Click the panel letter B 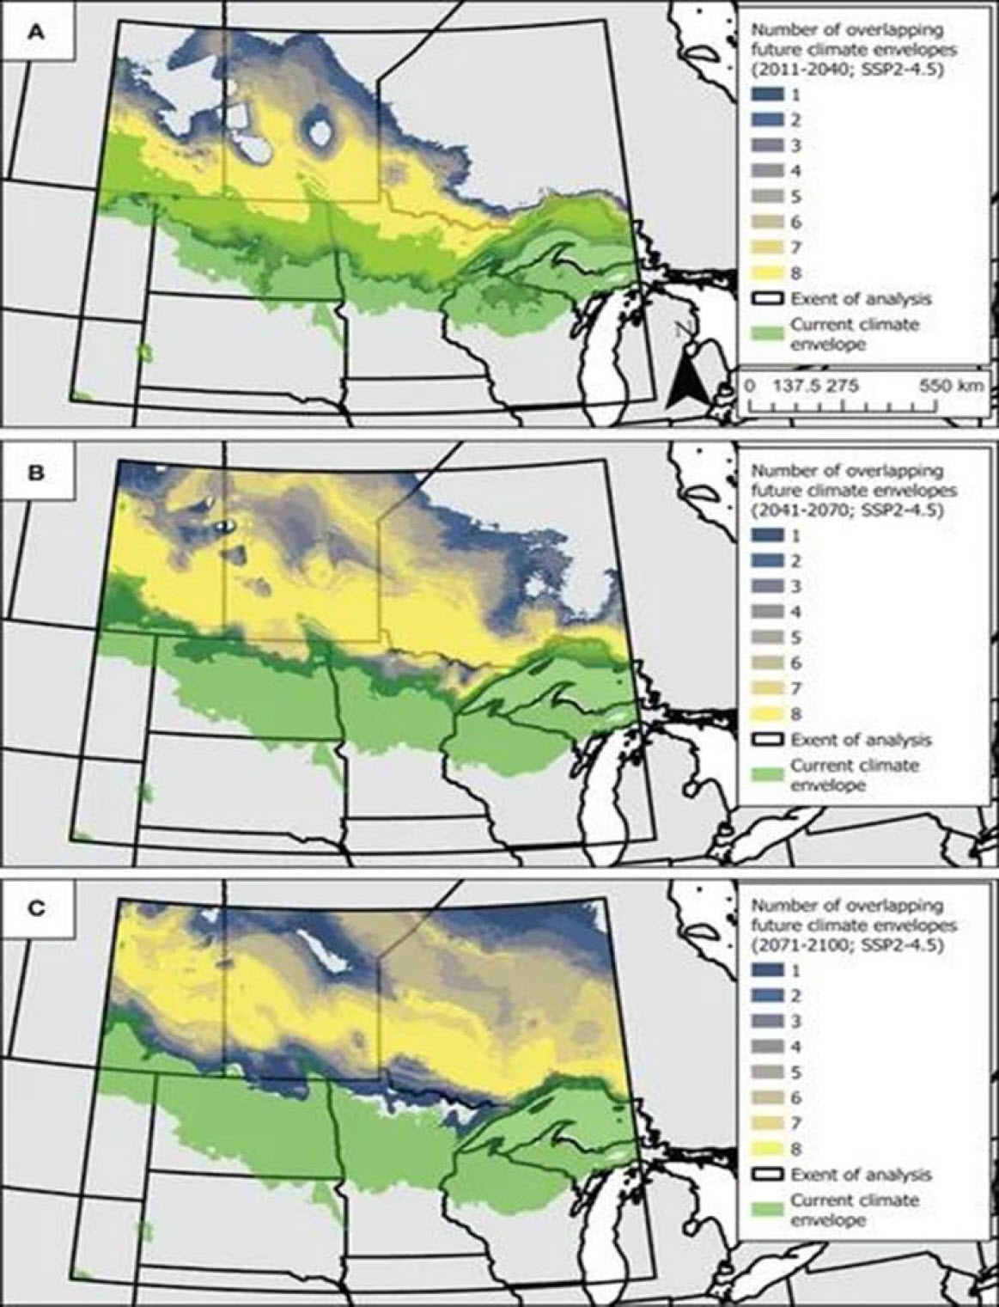pos(35,473)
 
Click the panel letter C pos(35,908)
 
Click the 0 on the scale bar pos(749,386)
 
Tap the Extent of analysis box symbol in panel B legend pos(766,739)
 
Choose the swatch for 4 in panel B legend pos(766,611)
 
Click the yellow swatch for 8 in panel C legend pos(766,1149)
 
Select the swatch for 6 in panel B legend pos(766,663)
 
